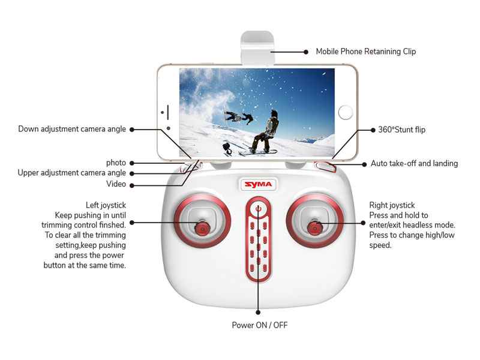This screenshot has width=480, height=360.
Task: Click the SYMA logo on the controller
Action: click(x=257, y=184)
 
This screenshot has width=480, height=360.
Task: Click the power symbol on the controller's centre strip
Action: click(x=258, y=210)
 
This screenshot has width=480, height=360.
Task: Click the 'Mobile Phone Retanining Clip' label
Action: click(x=366, y=52)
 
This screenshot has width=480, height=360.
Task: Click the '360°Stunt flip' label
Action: click(x=401, y=129)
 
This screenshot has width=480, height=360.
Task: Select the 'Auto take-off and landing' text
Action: click(x=414, y=163)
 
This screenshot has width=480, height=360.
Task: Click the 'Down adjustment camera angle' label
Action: click(x=72, y=129)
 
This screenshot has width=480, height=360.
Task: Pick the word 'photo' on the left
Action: click(x=116, y=163)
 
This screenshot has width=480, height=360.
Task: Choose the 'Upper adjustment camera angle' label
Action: click(x=71, y=173)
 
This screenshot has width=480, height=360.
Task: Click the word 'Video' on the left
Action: click(x=116, y=184)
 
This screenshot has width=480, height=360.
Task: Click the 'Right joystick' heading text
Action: click(x=392, y=205)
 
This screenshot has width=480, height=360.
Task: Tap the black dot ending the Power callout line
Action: click(x=258, y=311)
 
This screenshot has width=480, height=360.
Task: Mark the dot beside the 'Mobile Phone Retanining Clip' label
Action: click(x=305, y=52)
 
